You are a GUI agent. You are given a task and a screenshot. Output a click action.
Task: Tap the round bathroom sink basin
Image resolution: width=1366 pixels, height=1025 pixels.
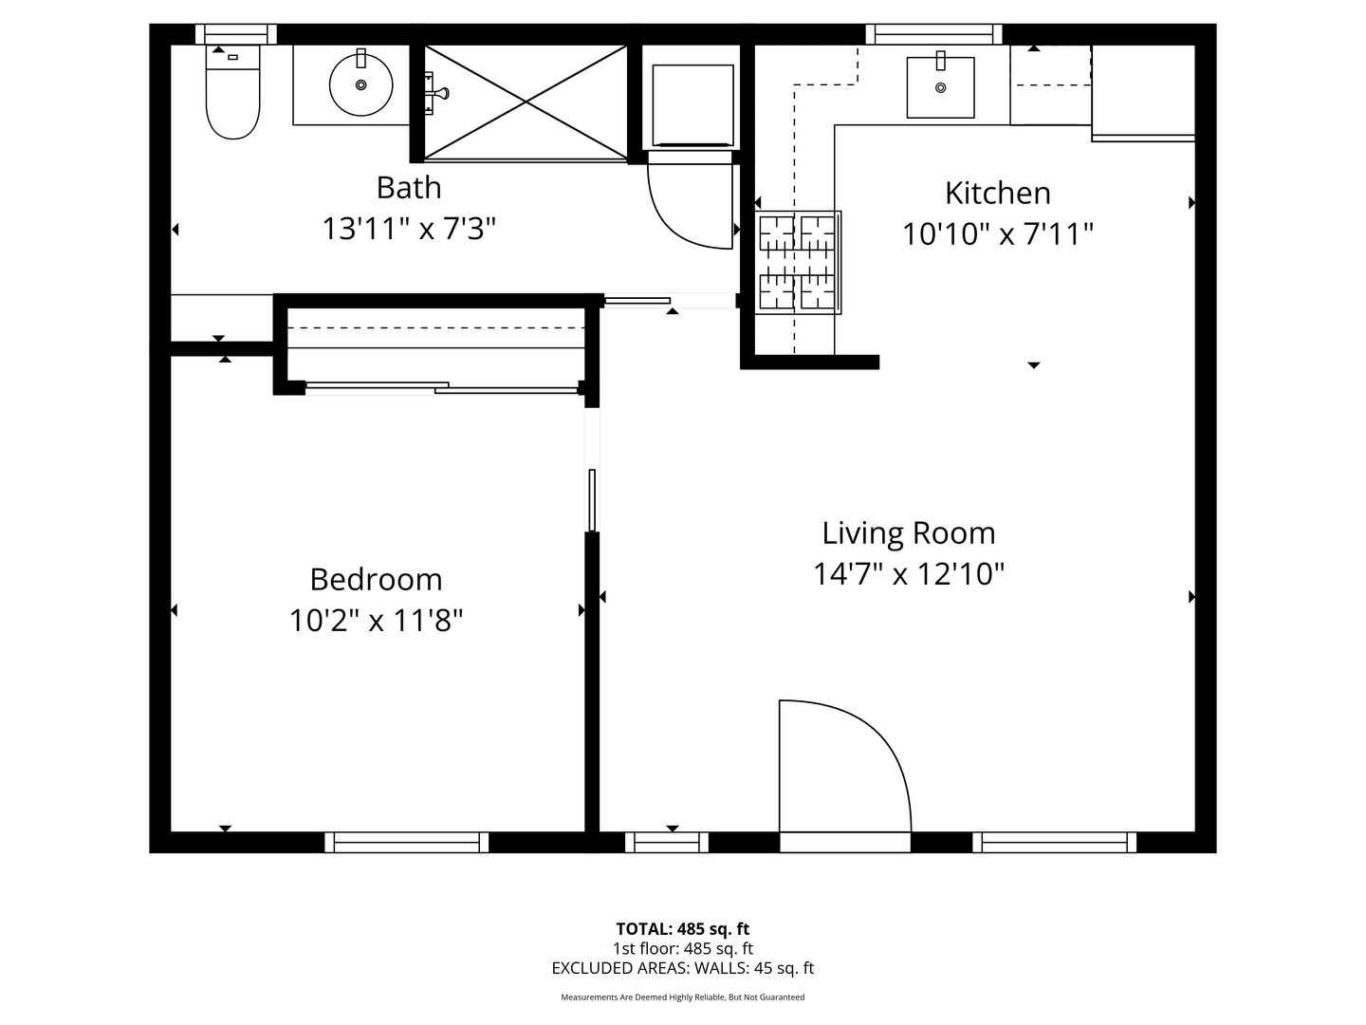(x=360, y=84)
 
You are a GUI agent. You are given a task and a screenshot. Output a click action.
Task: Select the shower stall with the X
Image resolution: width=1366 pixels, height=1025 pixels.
(x=526, y=102)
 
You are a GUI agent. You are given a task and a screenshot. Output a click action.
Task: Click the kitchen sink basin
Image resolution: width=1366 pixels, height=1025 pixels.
(x=940, y=87)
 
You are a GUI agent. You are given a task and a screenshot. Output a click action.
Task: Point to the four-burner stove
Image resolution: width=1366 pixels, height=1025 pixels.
(x=798, y=262)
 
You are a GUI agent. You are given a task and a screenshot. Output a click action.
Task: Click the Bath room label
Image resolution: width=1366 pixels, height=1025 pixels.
(x=409, y=187)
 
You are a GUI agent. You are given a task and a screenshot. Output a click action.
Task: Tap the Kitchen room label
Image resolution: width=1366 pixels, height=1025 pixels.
(x=998, y=193)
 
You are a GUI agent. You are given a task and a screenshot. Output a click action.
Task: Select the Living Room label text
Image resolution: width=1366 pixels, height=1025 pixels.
(x=909, y=533)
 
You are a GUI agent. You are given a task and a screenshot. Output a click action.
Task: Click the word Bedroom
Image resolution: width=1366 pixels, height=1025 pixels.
(x=376, y=579)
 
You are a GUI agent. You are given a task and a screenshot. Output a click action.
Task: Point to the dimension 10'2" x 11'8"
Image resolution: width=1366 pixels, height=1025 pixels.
(x=376, y=620)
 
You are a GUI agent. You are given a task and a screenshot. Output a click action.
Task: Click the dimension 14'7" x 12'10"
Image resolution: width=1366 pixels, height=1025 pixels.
(x=909, y=573)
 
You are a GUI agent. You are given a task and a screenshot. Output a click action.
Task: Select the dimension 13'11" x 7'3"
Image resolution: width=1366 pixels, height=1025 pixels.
(x=409, y=229)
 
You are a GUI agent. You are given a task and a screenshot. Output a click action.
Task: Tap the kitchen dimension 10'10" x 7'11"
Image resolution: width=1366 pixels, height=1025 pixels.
(x=998, y=234)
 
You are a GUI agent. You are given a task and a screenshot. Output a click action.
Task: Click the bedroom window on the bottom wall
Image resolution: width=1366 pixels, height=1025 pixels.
(x=406, y=842)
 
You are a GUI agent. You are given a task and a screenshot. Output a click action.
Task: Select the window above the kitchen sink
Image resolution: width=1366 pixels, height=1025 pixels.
(x=933, y=34)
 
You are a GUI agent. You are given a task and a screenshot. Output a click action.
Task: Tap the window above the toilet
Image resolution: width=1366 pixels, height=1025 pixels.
(x=236, y=34)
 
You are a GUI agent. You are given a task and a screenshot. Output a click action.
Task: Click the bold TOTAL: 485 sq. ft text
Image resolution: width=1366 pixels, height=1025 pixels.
(x=683, y=928)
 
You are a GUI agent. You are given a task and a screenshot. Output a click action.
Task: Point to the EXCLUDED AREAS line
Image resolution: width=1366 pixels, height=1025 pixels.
(x=683, y=968)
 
